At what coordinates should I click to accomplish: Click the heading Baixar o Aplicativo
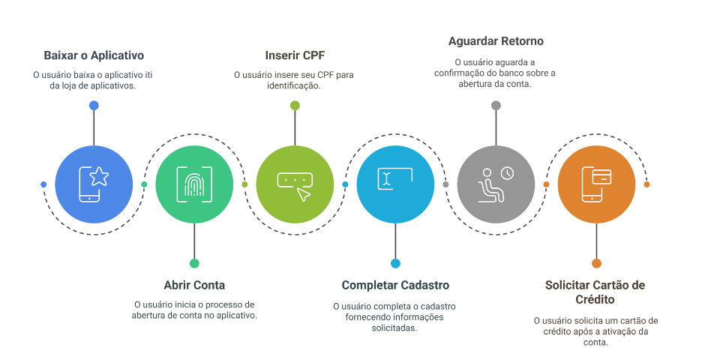click(x=94, y=55)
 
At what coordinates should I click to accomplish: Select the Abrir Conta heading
click(x=194, y=285)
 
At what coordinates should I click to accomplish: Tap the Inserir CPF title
click(x=295, y=55)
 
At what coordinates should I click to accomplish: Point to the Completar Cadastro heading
click(x=395, y=285)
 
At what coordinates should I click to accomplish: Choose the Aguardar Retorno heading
click(x=496, y=40)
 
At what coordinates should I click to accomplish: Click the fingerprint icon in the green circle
click(x=194, y=184)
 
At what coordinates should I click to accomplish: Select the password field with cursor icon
click(x=295, y=184)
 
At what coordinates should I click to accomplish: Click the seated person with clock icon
click(x=496, y=184)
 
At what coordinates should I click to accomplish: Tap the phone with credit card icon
click(x=596, y=184)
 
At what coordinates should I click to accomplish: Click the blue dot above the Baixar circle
click(x=94, y=106)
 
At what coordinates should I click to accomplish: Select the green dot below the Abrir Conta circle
click(x=194, y=263)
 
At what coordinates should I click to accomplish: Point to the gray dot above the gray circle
click(x=496, y=106)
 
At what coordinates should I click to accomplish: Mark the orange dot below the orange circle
click(x=596, y=263)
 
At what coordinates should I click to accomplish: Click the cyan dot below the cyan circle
click(x=395, y=263)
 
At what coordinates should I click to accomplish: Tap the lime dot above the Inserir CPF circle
click(x=295, y=106)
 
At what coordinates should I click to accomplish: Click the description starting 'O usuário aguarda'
click(x=496, y=73)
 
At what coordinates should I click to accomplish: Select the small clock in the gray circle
click(x=508, y=173)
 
